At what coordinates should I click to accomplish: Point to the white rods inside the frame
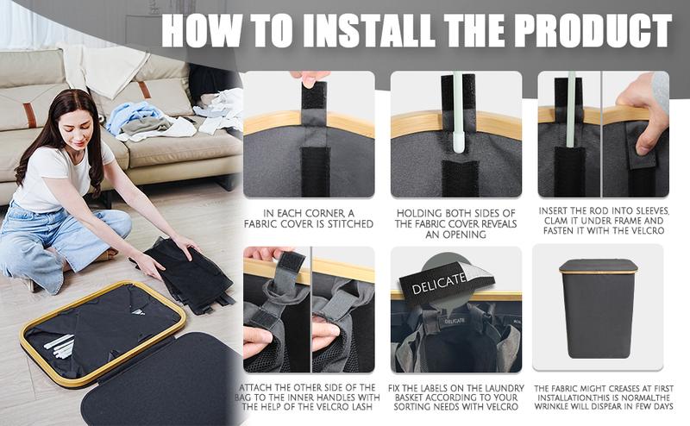point(60,346)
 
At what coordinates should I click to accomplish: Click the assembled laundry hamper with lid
point(599,308)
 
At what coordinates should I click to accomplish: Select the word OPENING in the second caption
point(455,235)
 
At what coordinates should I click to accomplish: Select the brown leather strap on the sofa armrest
point(29,116)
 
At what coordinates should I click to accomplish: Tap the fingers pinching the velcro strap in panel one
point(310,78)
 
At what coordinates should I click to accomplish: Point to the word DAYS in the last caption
point(662,407)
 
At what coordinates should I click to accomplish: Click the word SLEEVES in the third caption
point(649,211)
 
